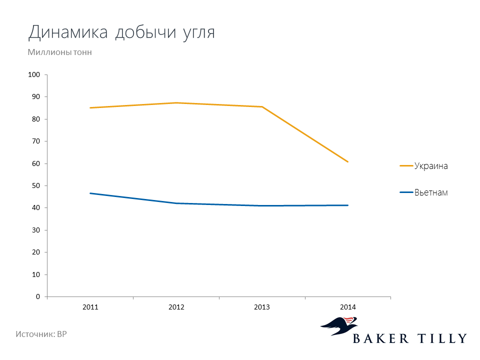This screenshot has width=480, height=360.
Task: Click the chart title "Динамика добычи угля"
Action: click(x=121, y=32)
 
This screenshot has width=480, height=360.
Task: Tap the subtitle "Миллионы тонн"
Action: click(x=59, y=52)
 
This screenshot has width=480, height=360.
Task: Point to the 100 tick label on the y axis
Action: click(x=34, y=74)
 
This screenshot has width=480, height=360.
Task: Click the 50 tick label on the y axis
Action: click(x=36, y=186)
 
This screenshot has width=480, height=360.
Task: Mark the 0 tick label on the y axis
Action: click(x=38, y=296)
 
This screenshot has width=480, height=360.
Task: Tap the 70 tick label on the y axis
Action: click(x=36, y=141)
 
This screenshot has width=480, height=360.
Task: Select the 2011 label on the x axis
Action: click(x=90, y=307)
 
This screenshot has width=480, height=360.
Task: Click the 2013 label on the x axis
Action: click(x=262, y=307)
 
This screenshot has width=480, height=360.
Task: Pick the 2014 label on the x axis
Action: click(x=348, y=307)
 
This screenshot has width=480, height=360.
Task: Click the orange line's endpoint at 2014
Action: click(x=348, y=161)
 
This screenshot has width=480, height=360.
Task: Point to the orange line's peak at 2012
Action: click(x=176, y=103)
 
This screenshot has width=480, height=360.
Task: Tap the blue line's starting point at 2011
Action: click(x=90, y=193)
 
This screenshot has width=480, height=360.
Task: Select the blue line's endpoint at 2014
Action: click(x=348, y=205)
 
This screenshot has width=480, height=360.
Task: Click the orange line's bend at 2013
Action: click(x=262, y=107)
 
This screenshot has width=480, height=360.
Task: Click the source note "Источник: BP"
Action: click(x=41, y=334)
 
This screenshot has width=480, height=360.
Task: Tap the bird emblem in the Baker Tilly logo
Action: click(x=339, y=326)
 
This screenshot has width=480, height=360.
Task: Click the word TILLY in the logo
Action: click(x=442, y=338)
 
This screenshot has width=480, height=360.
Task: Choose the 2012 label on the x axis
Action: click(x=176, y=307)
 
